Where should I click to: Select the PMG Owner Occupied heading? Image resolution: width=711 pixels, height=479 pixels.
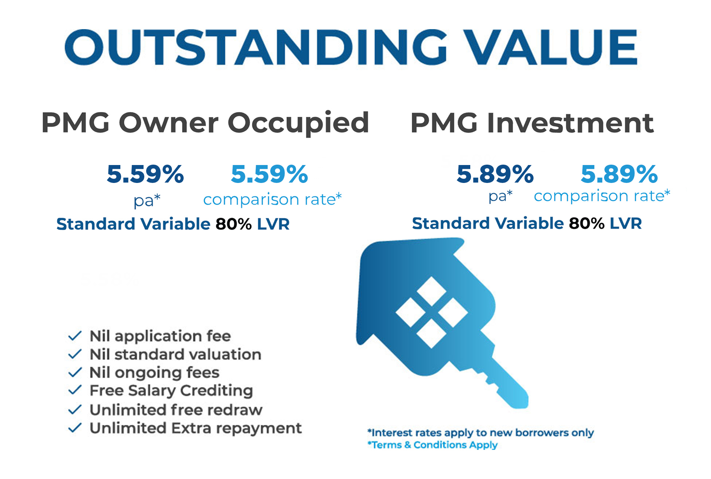click(205, 123)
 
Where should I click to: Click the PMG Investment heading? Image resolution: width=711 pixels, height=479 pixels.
click(532, 123)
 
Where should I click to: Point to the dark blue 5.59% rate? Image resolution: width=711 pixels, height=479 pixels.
click(145, 174)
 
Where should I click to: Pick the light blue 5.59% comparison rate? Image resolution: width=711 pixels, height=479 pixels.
click(270, 174)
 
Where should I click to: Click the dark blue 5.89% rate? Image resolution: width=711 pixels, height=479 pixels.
click(495, 174)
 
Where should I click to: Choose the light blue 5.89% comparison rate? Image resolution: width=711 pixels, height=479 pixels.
click(619, 174)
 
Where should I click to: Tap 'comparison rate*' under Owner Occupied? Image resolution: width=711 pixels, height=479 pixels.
click(273, 199)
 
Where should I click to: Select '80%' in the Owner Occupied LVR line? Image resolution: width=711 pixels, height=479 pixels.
click(234, 224)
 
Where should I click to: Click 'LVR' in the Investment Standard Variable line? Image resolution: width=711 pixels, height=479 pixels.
click(626, 223)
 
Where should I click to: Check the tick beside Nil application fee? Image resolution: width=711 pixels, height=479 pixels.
click(75, 336)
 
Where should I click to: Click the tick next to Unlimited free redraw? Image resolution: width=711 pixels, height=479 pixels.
click(75, 410)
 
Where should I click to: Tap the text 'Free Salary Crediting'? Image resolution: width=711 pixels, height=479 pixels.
click(171, 391)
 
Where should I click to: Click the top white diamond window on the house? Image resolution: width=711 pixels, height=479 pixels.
click(431, 292)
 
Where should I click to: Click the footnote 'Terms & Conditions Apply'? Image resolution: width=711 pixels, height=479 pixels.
click(433, 445)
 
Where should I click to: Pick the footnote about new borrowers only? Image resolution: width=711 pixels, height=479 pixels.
click(481, 433)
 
